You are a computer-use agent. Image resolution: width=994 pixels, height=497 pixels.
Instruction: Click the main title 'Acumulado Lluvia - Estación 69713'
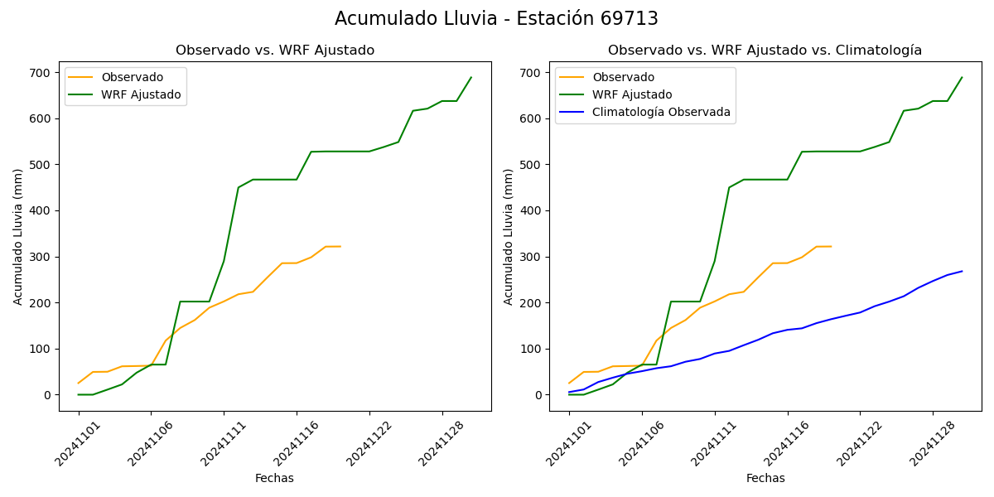pos(496,18)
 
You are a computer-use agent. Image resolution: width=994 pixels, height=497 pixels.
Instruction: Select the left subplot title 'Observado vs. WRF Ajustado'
pos(275,51)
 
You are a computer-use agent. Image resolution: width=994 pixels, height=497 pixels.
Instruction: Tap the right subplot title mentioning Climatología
pos(765,51)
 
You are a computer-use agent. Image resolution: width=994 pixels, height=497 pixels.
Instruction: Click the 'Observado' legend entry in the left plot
pos(133,78)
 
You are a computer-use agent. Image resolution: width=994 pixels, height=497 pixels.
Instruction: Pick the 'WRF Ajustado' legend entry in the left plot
pos(141,95)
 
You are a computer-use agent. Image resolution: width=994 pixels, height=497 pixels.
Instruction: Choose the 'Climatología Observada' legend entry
pos(661,113)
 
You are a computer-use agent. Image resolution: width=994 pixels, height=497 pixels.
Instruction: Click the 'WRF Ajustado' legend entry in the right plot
pos(632,95)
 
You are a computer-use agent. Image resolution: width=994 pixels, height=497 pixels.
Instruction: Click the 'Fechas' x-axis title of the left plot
pos(274,478)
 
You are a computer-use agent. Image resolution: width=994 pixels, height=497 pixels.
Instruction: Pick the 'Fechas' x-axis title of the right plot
pos(765,478)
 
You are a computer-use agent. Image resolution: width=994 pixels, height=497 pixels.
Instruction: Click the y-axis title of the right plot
pos(509,236)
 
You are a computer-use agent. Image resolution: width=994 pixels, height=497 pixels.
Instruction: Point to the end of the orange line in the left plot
pos(340,246)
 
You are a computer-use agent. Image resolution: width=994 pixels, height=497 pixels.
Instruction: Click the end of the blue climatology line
pos(962,271)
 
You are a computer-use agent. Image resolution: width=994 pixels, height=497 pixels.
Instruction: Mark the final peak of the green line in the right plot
pos(962,78)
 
